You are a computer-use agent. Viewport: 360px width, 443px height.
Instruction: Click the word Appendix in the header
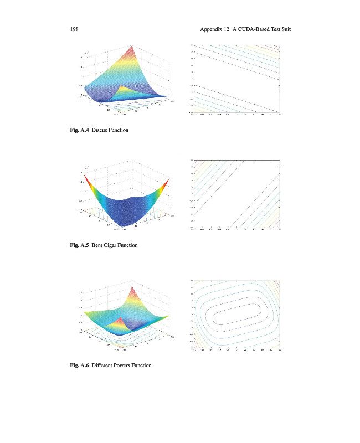click(x=210, y=28)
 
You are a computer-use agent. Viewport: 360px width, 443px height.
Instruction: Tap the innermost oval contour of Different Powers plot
click(x=237, y=315)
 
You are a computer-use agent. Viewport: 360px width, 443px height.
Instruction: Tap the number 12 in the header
click(x=227, y=28)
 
